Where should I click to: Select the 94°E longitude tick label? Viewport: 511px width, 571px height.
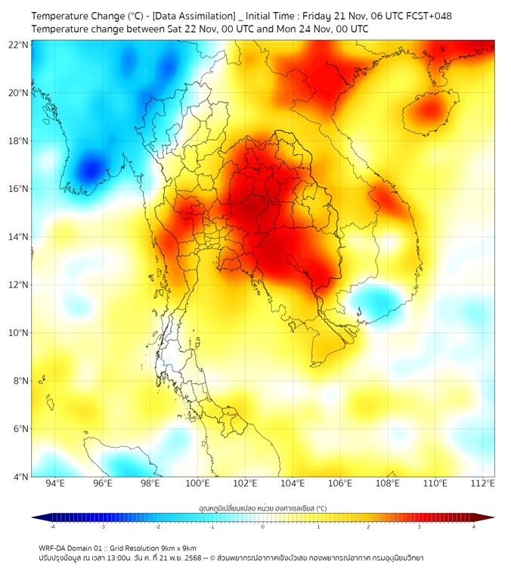pos(55,483)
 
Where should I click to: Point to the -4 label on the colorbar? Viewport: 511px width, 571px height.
pos(51,526)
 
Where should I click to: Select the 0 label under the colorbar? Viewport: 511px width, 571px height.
pos(263,526)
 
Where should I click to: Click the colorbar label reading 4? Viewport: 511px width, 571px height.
pos(474,526)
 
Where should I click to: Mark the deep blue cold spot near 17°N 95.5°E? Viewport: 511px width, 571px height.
pos(91,167)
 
